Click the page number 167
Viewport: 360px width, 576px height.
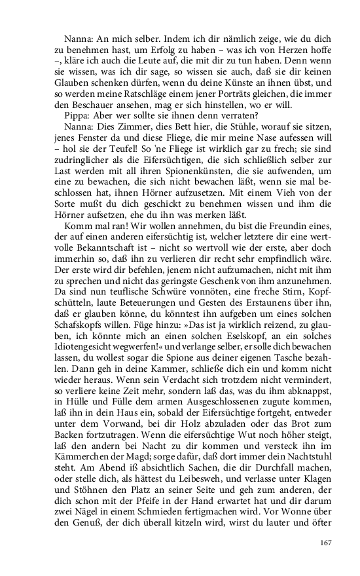tap(327, 542)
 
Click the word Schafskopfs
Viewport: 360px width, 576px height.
tap(77, 317)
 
